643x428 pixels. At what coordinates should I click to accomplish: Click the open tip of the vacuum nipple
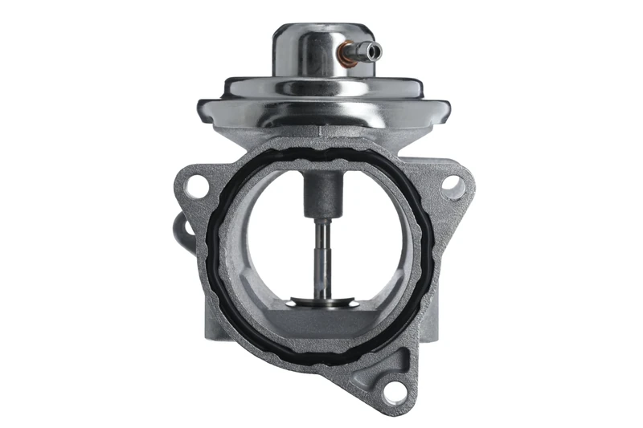click(x=377, y=52)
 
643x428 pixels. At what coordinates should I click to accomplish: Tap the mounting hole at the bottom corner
click(x=393, y=392)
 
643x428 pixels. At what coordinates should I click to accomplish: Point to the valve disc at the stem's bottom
click(x=321, y=302)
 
